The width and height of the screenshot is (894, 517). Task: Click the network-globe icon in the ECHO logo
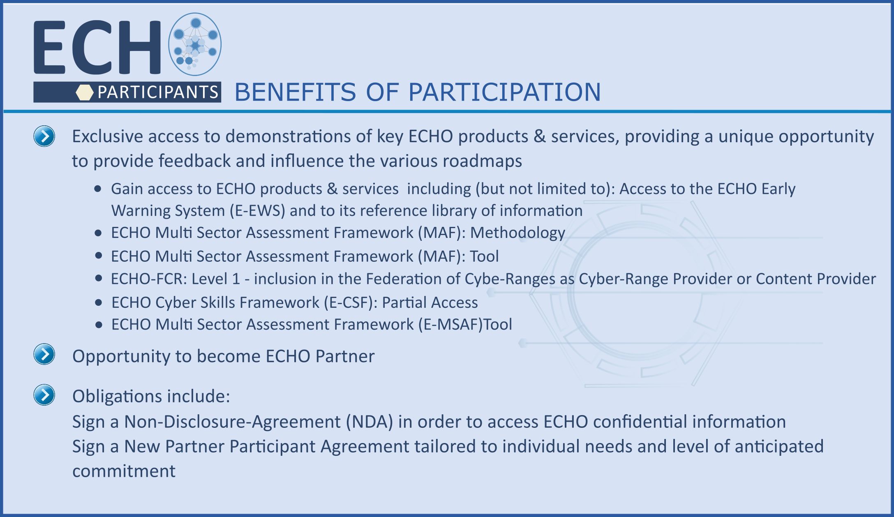[x=195, y=44]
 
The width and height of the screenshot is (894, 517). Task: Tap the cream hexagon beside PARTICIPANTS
[x=85, y=92]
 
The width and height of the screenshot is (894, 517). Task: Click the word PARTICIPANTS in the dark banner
[x=158, y=92]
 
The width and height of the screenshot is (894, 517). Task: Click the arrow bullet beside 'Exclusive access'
[x=44, y=136]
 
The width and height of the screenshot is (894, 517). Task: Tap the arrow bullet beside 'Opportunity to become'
[x=44, y=354]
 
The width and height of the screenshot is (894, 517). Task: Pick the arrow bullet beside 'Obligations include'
[x=44, y=395]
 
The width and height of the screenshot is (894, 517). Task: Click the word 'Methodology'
[x=518, y=233]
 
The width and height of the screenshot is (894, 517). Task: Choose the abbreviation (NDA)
[x=370, y=422]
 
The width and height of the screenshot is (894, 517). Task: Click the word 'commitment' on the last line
[x=124, y=471]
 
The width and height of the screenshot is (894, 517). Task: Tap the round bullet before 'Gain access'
[x=98, y=189]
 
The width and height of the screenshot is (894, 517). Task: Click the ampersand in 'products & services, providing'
[x=539, y=136]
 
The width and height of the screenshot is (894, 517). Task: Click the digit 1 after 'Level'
[x=236, y=279]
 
